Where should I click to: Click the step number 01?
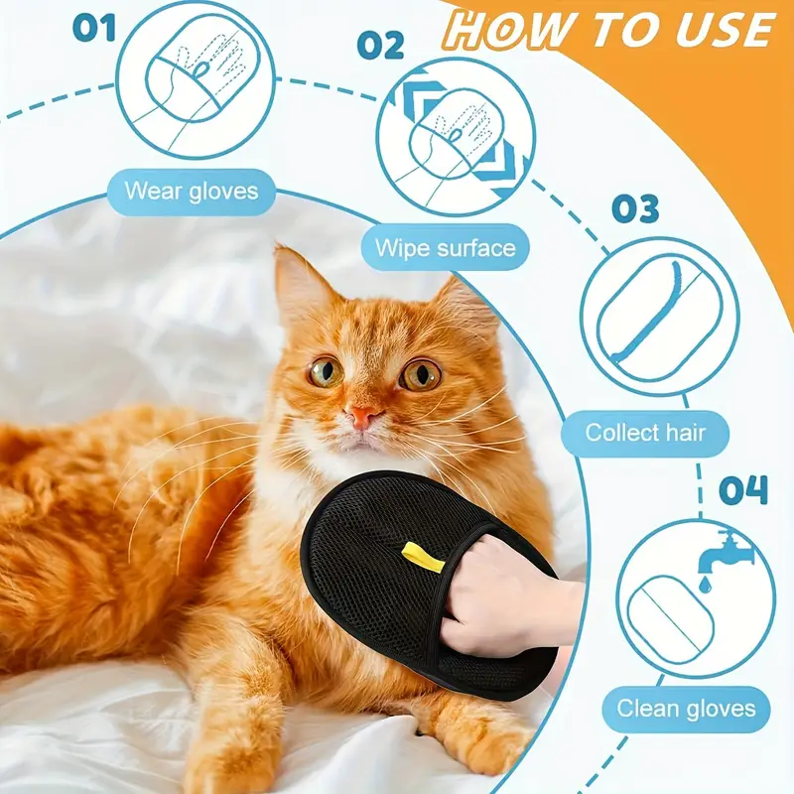[x=94, y=27]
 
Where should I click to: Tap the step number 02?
[x=380, y=46]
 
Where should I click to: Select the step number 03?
[x=635, y=209]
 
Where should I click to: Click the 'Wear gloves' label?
[x=192, y=190]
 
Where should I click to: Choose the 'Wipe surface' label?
[x=446, y=247]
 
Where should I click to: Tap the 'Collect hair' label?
[x=645, y=432]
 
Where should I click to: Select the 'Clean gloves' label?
[x=687, y=708]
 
